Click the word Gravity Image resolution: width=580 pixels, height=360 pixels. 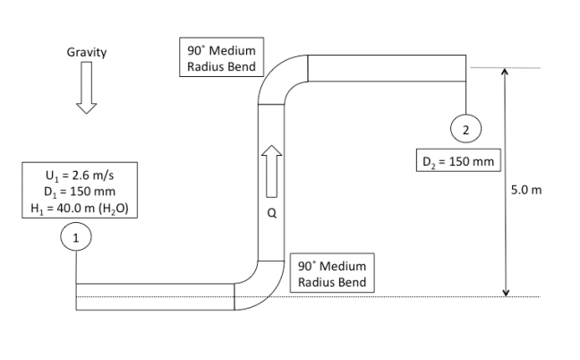tap(87, 52)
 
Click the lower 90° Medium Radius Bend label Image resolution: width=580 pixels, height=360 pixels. tap(329, 273)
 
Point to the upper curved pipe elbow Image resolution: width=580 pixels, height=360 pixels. tap(279, 78)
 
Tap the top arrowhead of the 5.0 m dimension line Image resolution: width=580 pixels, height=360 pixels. tap(506, 72)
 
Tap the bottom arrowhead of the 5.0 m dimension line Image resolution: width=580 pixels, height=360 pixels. tap(506, 291)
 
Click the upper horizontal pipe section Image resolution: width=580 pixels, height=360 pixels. tap(386, 68)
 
